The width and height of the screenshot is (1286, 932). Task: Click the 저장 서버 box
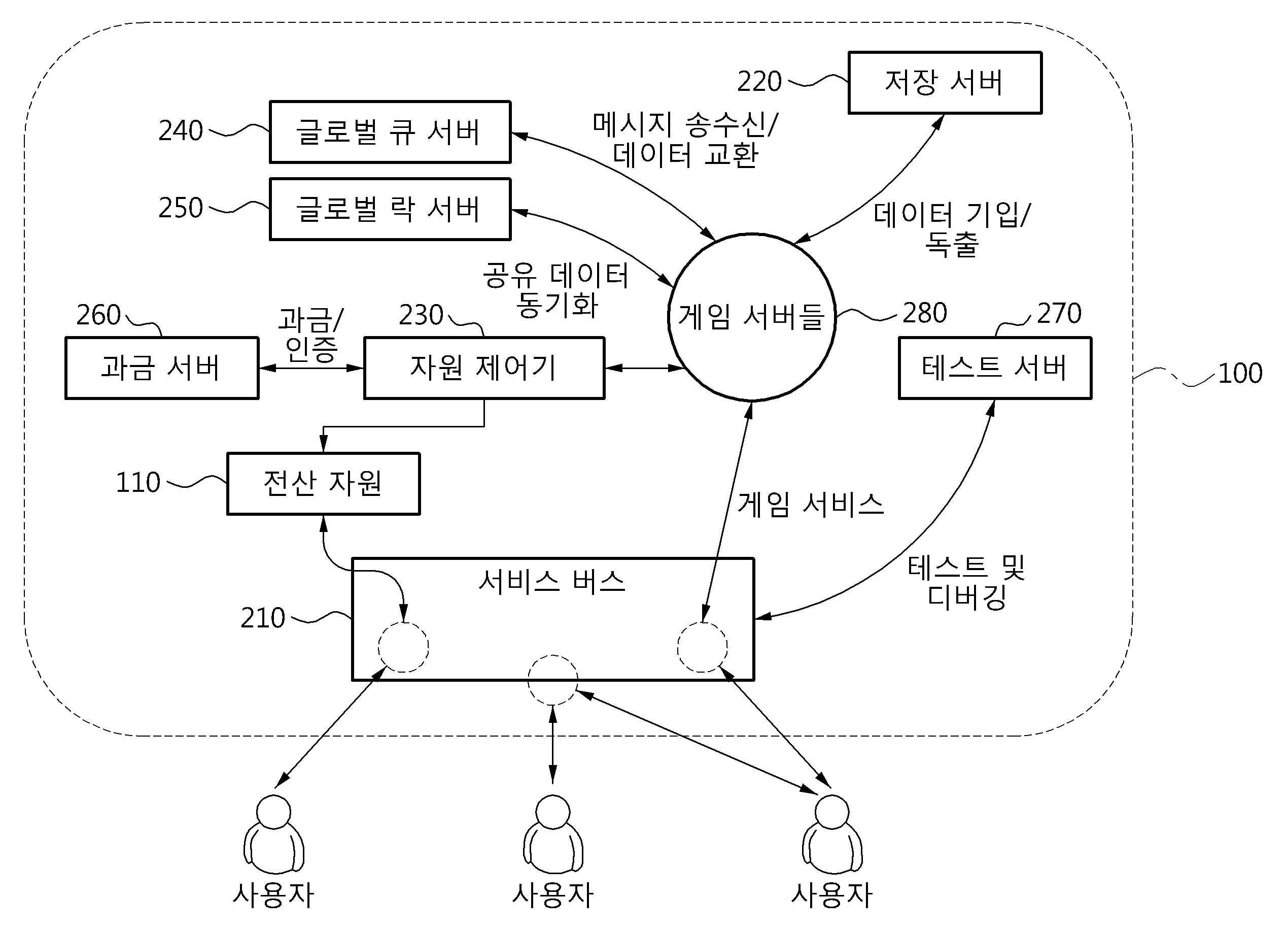coord(945,83)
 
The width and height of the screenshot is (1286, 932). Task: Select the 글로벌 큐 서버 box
coord(390,132)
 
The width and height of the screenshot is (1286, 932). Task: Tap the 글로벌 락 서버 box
coord(390,209)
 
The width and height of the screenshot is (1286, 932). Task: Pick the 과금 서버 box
coord(162,368)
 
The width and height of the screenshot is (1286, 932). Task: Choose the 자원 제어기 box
coord(483,368)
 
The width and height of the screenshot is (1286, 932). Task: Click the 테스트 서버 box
coord(994,368)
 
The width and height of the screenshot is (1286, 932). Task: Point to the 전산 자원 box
coord(323,484)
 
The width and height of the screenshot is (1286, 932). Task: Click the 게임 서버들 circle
coord(751,317)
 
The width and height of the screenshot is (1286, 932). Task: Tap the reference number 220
coord(759,82)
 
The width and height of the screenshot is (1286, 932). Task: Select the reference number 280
coord(925,313)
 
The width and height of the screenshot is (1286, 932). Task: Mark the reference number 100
coord(1240,374)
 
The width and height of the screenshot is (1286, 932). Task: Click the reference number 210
coord(263,618)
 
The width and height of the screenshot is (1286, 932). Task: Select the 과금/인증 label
coord(311,335)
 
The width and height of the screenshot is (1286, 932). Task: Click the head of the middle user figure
coord(553,812)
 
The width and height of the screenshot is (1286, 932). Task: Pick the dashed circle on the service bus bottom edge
coord(553,680)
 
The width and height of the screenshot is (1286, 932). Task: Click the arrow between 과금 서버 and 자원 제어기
coord(311,368)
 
